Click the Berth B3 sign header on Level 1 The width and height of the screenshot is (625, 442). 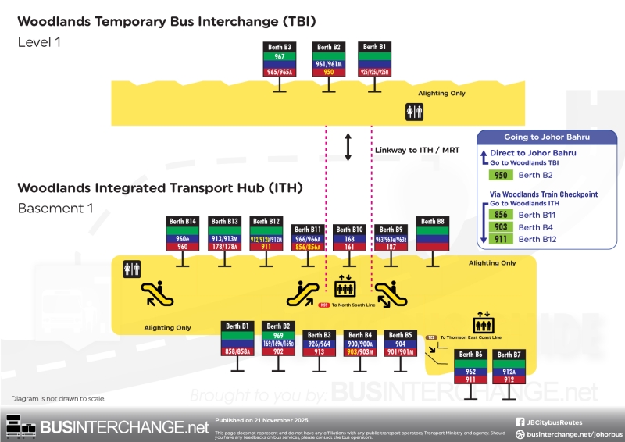280,47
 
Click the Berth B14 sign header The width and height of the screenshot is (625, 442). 183,222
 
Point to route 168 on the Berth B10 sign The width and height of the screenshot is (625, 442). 348,239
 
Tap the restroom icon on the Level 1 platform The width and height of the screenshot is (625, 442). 414,112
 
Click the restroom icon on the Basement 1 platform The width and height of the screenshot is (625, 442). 131,269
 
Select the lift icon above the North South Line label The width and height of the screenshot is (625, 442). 345,286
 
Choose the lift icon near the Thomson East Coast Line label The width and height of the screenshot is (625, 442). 482,324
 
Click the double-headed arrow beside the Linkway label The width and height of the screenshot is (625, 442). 349,147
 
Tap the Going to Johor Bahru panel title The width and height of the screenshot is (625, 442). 547,137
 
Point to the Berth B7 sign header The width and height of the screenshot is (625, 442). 509,355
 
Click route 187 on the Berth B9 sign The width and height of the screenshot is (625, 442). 390,247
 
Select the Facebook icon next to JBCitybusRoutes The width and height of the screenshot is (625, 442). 520,422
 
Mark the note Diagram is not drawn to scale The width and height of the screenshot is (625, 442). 58,399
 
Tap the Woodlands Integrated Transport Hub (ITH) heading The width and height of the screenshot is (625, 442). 159,188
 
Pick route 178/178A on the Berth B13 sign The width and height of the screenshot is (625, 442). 225,247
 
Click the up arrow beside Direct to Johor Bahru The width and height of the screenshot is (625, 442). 484,157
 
